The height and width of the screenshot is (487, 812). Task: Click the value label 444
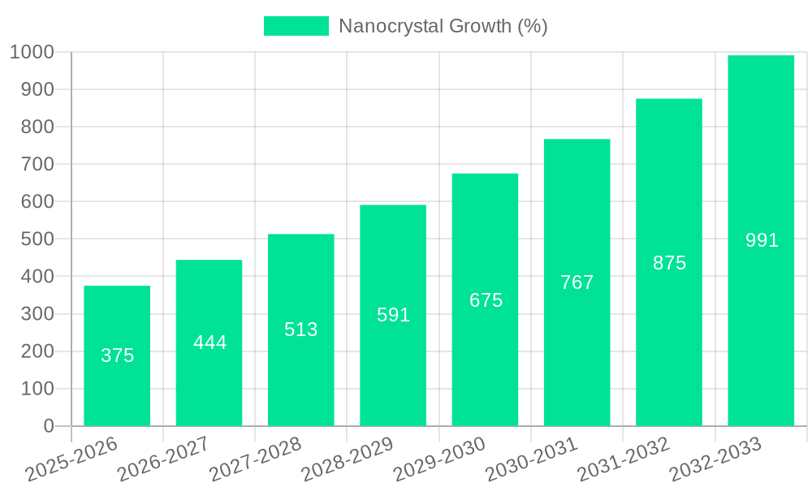tap(209, 343)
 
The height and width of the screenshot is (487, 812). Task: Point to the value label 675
tap(486, 300)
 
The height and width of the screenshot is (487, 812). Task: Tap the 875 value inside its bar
tap(669, 263)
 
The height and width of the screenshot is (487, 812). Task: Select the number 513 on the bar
tap(300, 330)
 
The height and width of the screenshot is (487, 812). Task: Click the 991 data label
tap(762, 240)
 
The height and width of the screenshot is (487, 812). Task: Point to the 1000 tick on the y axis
tap(32, 52)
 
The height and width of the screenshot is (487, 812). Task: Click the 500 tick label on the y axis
tap(37, 239)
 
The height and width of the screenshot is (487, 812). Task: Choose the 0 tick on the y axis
tap(48, 426)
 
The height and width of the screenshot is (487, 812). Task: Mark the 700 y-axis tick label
tap(37, 165)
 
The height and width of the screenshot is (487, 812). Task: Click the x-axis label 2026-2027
tap(162, 459)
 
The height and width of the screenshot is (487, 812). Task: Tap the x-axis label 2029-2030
tap(438, 459)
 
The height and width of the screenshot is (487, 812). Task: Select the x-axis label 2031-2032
tap(623, 459)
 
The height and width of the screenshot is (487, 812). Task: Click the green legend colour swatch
tap(296, 26)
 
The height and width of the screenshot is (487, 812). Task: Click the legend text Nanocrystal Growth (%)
tap(443, 26)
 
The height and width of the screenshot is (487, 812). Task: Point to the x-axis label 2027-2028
tap(255, 459)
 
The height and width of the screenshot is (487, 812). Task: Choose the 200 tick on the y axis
tap(37, 351)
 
